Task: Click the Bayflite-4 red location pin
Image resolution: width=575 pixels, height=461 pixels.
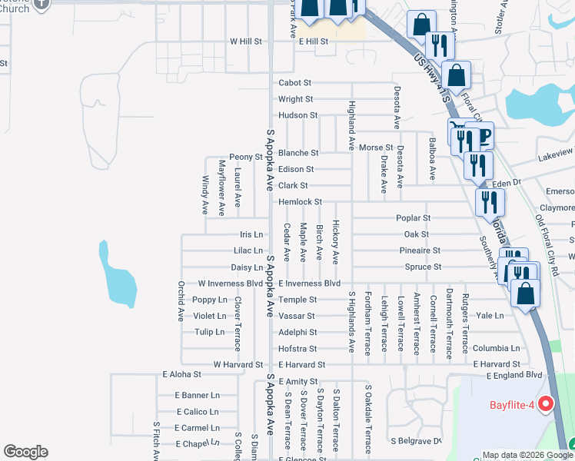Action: (547, 404)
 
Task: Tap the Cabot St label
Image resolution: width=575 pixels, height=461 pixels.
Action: (294, 83)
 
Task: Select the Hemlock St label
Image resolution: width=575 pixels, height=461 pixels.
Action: (300, 202)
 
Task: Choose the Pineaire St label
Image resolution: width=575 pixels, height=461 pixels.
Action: (420, 250)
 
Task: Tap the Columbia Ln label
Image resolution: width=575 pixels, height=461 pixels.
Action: (496, 348)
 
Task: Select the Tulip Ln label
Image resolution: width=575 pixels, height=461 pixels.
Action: (209, 332)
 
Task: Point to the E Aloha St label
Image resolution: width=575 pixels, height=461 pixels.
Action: (181, 374)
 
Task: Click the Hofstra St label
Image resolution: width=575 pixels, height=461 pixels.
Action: (297, 349)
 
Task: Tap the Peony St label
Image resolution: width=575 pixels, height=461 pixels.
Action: (248, 156)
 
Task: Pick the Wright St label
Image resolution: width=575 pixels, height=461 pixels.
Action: (295, 99)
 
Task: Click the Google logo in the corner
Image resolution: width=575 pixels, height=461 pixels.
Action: (25, 452)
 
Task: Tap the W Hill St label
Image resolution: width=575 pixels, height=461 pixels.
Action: (247, 41)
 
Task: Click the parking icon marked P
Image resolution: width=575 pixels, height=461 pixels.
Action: (484, 137)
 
